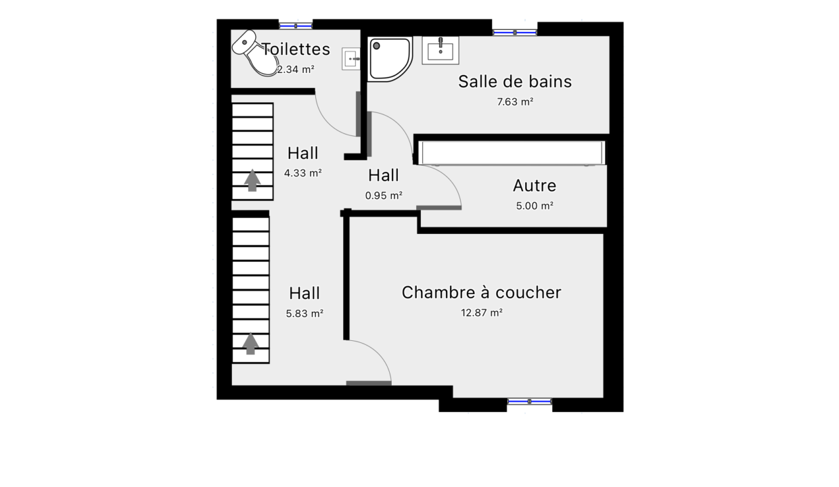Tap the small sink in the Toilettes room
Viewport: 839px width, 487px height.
351,59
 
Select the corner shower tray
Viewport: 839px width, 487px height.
390,59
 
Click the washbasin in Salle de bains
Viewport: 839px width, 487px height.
440,50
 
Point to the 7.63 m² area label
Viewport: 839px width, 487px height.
515,102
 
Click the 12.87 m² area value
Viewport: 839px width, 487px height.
482,312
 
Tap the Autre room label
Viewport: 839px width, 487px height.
535,185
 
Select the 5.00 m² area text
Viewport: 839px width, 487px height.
535,206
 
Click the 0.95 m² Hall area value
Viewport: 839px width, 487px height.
384,195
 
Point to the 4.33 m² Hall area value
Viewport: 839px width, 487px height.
302,173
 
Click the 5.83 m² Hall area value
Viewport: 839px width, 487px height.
304,313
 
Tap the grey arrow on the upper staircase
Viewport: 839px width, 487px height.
252,180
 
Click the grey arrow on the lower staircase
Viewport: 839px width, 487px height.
250,343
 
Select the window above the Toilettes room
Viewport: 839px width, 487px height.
296,26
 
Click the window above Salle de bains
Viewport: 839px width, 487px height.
515,32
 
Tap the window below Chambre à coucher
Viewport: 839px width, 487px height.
529,401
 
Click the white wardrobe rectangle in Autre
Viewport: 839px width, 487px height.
512,153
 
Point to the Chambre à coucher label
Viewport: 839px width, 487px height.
481,292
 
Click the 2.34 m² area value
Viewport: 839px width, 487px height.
296,70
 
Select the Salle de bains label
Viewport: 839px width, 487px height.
515,82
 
